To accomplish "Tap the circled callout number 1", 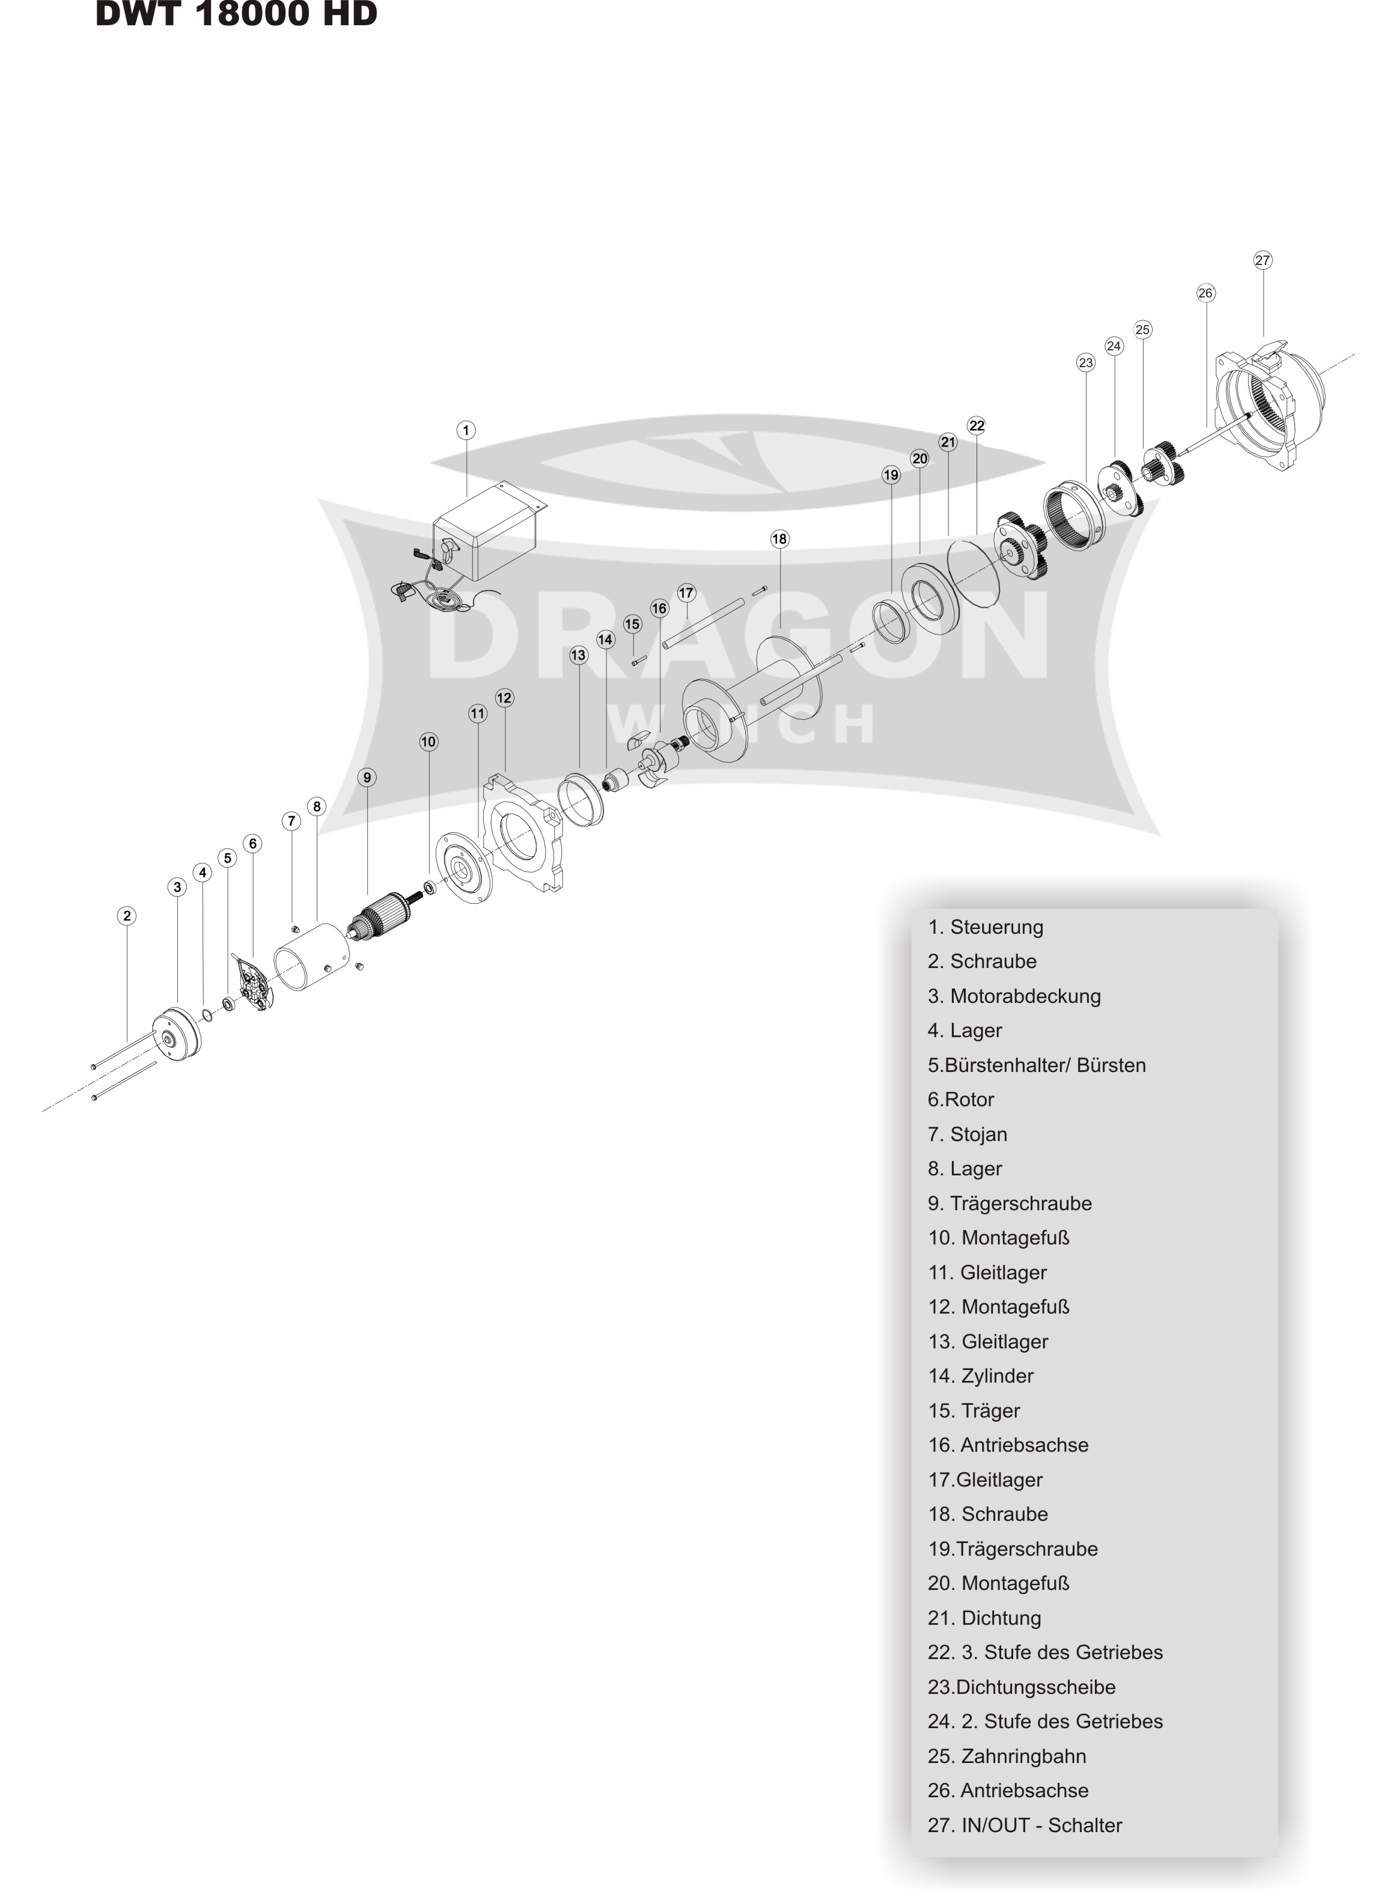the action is click(x=466, y=431).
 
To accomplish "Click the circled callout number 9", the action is click(x=367, y=778).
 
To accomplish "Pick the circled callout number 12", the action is click(x=504, y=698).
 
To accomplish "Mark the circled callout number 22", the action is click(x=976, y=425).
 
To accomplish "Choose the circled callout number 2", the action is click(x=127, y=916).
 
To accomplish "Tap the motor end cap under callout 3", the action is click(x=177, y=1036).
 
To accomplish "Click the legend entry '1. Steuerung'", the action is click(x=985, y=927).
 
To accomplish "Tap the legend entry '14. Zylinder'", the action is click(x=980, y=1375).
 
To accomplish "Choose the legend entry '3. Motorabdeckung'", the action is click(x=1014, y=996).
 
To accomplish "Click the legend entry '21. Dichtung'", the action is click(x=984, y=1618).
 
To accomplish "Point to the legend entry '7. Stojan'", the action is click(x=968, y=1134).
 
